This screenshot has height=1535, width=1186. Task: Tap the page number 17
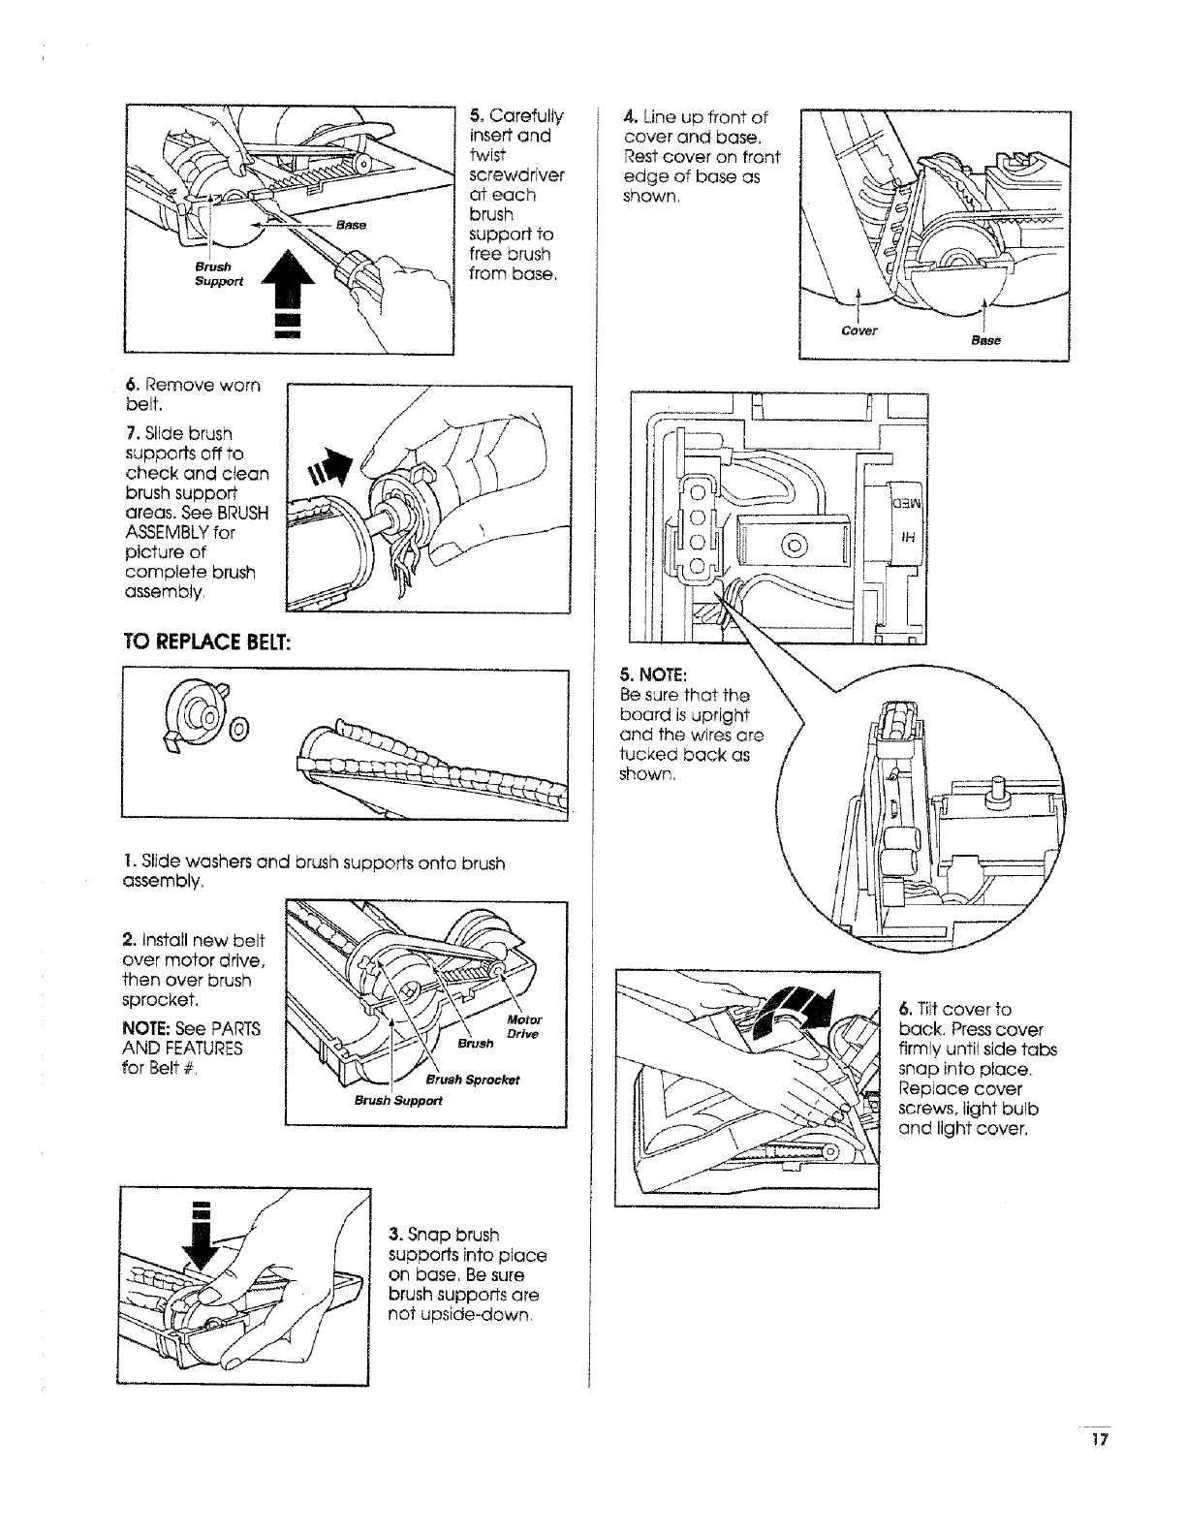point(1096,1439)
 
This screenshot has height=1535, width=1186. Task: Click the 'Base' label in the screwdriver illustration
point(351,225)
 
